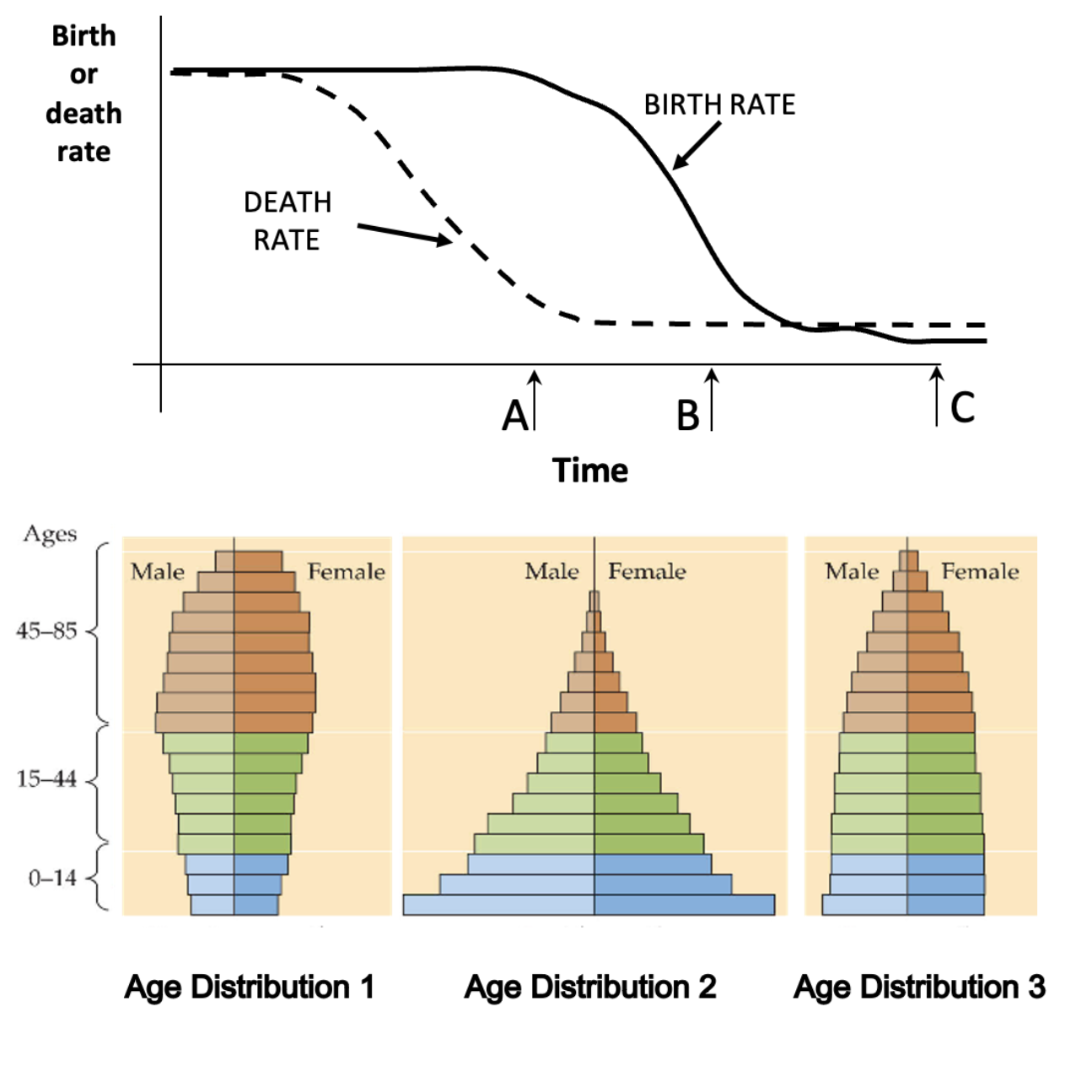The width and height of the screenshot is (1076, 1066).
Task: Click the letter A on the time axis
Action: [x=515, y=416]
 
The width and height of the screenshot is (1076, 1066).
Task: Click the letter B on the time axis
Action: [x=688, y=416]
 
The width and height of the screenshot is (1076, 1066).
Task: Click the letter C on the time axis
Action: [x=962, y=407]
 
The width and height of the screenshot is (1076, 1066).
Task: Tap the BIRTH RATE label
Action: [x=719, y=105]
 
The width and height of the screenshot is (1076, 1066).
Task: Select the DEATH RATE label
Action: [x=287, y=221]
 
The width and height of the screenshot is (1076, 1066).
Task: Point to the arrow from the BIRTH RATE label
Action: [x=697, y=146]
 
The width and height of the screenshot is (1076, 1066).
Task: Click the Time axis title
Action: [x=589, y=471]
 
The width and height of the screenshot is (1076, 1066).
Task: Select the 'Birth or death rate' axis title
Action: [x=83, y=94]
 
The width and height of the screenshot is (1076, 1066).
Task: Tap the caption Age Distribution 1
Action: [x=250, y=987]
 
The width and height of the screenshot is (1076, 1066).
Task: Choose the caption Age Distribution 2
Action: [x=590, y=987]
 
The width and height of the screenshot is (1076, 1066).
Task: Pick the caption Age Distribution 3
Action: [x=919, y=987]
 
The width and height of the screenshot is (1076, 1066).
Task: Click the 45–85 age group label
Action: [x=46, y=631]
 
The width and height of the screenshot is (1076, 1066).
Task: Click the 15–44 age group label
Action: [x=46, y=779]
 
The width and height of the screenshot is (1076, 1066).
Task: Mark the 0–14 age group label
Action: [x=52, y=878]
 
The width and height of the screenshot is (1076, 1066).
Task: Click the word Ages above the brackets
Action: [x=50, y=534]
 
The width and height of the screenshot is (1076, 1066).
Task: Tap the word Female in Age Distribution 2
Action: [x=647, y=572]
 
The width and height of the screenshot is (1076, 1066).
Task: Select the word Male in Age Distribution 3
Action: [x=852, y=572]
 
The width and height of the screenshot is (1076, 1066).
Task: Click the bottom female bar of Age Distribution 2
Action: [x=684, y=905]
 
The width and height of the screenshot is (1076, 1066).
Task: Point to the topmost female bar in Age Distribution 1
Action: [x=258, y=561]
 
